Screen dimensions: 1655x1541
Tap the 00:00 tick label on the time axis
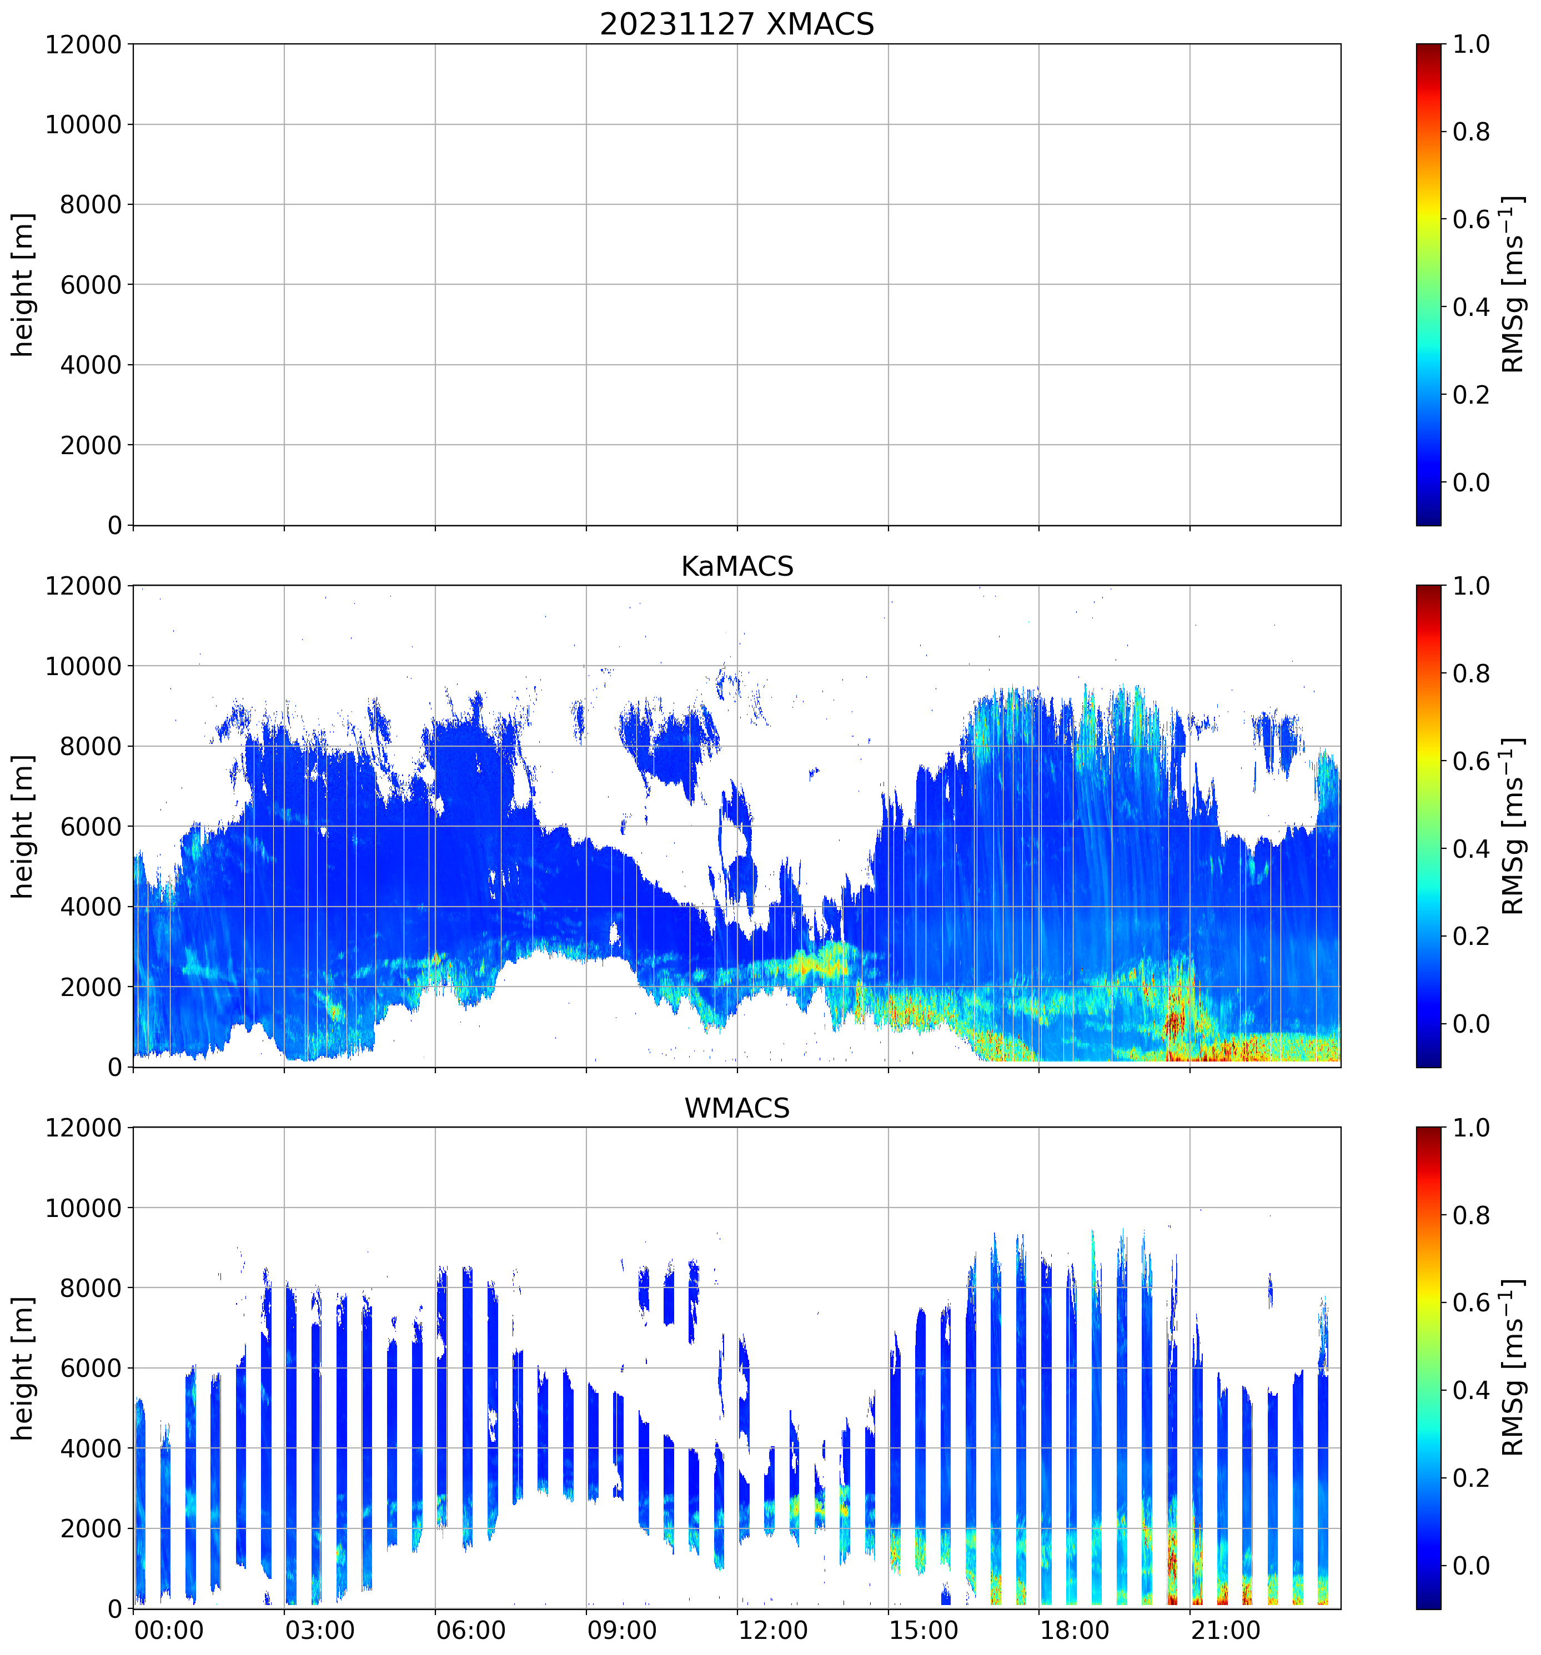coord(168,1630)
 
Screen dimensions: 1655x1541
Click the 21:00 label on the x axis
coord(1226,1630)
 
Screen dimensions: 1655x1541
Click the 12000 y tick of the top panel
coord(83,44)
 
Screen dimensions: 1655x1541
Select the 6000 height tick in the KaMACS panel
coord(91,827)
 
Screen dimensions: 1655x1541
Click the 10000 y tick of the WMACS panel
coord(83,1208)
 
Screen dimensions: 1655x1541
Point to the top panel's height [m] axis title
coord(23,285)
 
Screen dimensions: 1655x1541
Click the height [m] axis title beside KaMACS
coord(23,827)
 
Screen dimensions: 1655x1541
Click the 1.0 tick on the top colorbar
coord(1471,44)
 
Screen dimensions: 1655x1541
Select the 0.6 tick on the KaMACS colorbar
coord(1471,762)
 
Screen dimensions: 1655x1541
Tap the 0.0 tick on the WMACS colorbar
coord(1471,1566)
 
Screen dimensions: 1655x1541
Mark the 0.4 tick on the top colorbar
coord(1471,307)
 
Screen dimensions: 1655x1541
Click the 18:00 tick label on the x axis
coord(1074,1630)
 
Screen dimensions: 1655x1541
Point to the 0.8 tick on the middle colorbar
coord(1471,673)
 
